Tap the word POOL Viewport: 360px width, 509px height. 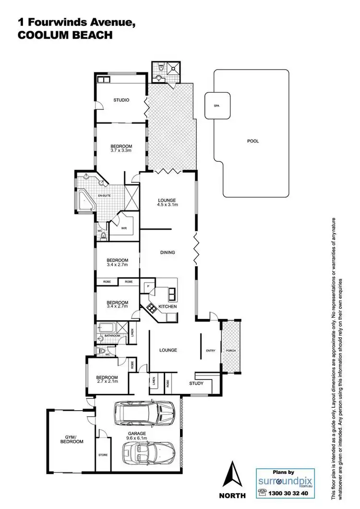coord(252,141)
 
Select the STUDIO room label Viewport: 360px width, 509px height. coord(121,100)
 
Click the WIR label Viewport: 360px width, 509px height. coord(123,228)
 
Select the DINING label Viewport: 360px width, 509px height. coord(168,252)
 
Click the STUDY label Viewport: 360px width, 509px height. coord(196,383)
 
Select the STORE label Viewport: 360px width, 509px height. coord(103,454)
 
